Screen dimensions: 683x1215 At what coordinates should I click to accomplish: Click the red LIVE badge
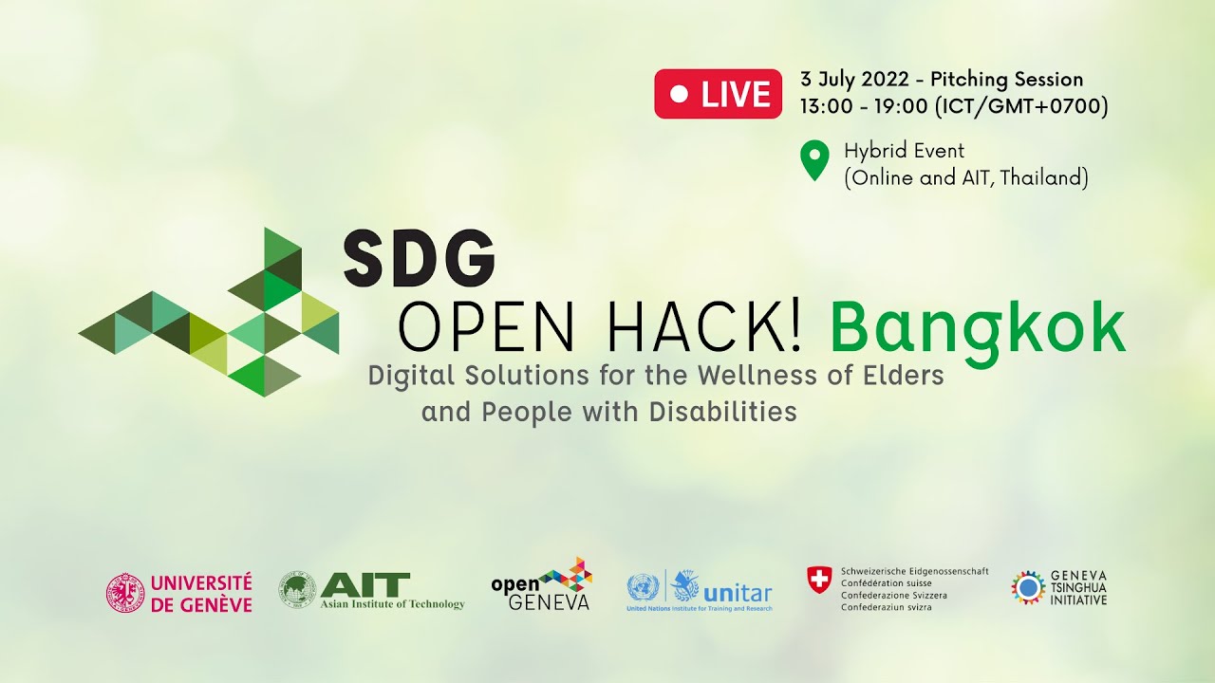(718, 94)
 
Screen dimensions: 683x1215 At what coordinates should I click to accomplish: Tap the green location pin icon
(813, 160)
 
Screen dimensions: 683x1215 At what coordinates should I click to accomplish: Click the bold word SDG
(419, 259)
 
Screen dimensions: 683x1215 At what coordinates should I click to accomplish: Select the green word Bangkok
(977, 328)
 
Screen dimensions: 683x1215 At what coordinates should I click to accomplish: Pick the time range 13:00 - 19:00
(864, 106)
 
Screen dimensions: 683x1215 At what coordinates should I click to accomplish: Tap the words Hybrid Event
(904, 151)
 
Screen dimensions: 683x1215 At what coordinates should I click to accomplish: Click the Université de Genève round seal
(125, 593)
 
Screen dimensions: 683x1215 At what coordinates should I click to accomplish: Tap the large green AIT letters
(365, 584)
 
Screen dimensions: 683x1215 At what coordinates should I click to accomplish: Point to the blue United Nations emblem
(643, 588)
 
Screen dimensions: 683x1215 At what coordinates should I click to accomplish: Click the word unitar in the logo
(738, 592)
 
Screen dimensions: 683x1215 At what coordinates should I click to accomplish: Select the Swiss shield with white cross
(818, 580)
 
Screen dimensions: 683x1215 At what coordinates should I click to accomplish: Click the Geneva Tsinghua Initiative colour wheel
(1028, 587)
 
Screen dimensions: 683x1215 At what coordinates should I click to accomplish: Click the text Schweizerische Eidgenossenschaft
(914, 571)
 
